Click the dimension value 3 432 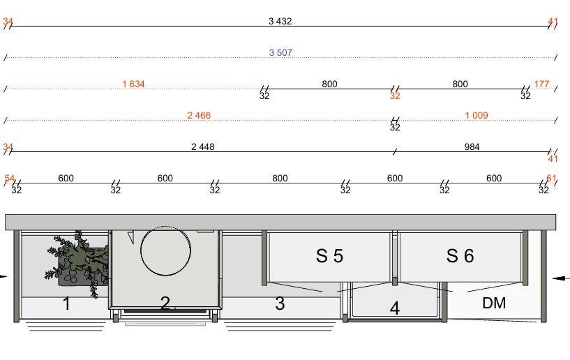280,21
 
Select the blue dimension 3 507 280,52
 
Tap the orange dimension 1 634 133,84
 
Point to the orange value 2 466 199,115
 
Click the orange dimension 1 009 477,115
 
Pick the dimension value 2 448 203,147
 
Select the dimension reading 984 472,147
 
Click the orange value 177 541,84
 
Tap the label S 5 329,255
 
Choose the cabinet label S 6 460,255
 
